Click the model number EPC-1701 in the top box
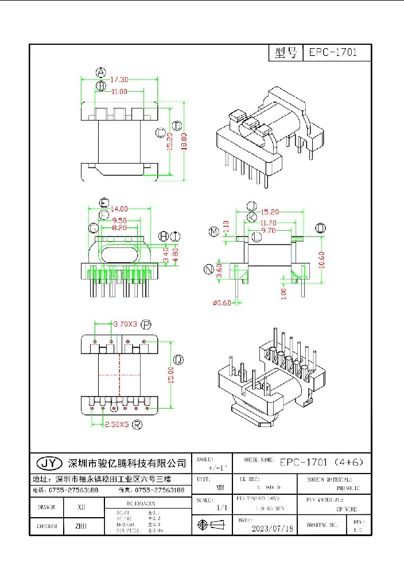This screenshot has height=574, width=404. click(x=333, y=53)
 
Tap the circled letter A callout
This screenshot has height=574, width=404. click(x=101, y=72)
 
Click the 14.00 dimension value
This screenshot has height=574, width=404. click(x=119, y=209)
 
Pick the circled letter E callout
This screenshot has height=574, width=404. click(x=104, y=202)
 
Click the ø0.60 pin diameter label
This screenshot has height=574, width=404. click(x=221, y=302)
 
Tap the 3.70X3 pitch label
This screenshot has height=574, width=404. click(x=125, y=324)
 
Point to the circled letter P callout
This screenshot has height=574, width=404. click(x=146, y=325)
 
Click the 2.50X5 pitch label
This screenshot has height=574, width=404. click(x=116, y=425)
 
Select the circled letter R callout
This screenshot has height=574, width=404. click(x=138, y=425)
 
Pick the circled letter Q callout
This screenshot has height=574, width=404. click(x=178, y=360)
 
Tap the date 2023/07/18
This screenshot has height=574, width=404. click(x=273, y=528)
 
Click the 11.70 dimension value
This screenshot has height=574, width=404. click(x=269, y=223)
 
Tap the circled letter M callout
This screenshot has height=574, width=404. click(x=214, y=231)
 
